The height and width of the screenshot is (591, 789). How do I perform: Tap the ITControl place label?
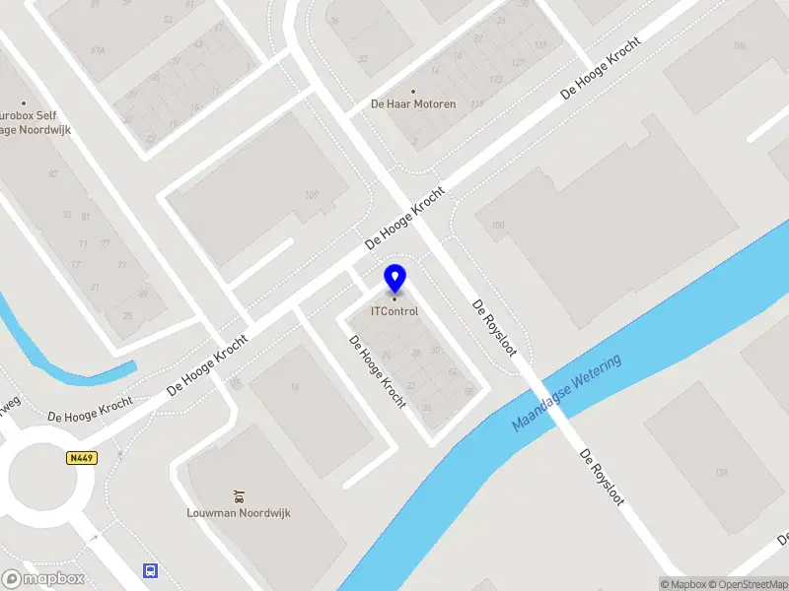(x=394, y=311)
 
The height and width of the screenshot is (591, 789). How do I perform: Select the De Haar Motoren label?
(x=413, y=103)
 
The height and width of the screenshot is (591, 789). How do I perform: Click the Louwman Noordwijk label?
(x=239, y=512)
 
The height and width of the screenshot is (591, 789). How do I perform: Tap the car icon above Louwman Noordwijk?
(x=239, y=495)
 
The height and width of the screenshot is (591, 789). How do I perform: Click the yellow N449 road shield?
(x=81, y=458)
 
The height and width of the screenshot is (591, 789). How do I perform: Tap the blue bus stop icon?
(x=150, y=570)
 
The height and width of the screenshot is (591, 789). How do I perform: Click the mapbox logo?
(x=43, y=579)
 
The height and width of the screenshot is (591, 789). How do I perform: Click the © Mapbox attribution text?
(x=683, y=584)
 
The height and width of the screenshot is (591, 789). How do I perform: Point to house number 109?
(x=312, y=195)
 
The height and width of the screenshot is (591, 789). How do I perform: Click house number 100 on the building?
(x=497, y=226)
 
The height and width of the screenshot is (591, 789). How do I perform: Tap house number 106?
(x=740, y=45)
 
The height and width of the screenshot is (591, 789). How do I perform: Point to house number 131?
(x=540, y=45)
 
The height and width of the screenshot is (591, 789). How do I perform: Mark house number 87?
(x=53, y=174)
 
